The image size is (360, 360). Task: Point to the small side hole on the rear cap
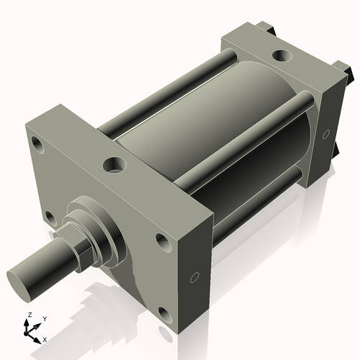[326, 134]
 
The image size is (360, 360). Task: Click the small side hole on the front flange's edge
[194, 278]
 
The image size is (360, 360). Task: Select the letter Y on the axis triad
[45, 318]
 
